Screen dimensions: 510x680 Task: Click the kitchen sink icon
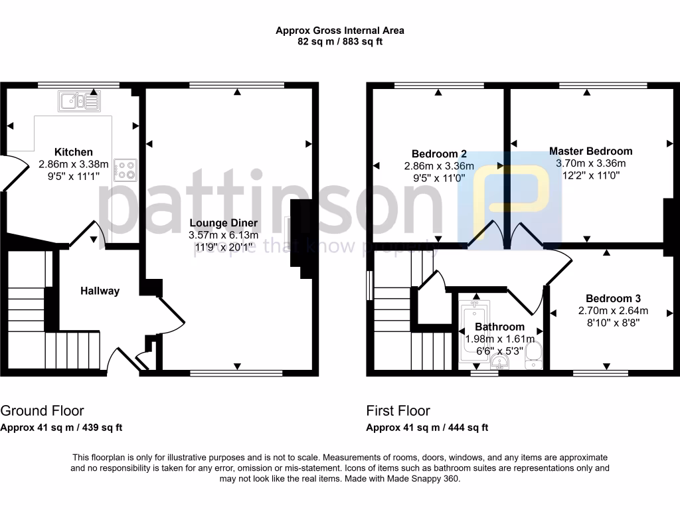(x=79, y=102)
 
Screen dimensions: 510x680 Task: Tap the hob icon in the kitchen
(x=126, y=169)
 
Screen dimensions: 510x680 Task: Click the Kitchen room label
(x=74, y=152)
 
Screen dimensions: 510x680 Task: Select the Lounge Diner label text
(x=223, y=223)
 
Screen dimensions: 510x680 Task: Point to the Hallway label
(x=100, y=291)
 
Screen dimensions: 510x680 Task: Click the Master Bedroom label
(x=590, y=151)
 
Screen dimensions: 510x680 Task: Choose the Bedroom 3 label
(x=613, y=299)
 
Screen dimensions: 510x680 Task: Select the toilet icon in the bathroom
(x=534, y=355)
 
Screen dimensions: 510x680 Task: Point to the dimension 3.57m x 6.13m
(x=223, y=235)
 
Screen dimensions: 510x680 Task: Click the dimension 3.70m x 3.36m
(x=590, y=163)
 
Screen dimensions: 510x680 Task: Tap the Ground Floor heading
(x=42, y=410)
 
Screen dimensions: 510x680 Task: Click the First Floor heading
(x=398, y=410)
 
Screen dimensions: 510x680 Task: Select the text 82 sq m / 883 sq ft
(x=340, y=41)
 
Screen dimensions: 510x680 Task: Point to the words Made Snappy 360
(x=426, y=479)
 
